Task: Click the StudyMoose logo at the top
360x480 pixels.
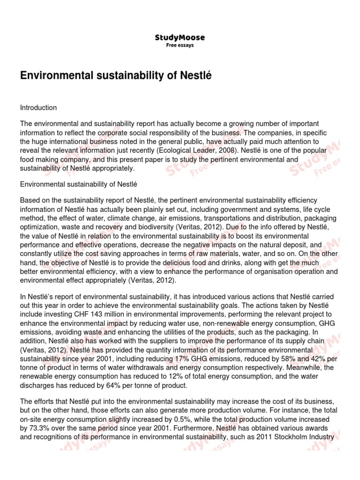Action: coord(180,37)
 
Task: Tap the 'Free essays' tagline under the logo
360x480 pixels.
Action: coord(180,45)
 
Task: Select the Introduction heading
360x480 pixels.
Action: coord(38,107)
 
